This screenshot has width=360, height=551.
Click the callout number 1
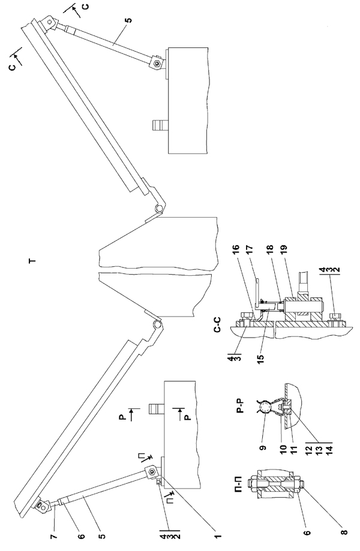click(217, 537)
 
